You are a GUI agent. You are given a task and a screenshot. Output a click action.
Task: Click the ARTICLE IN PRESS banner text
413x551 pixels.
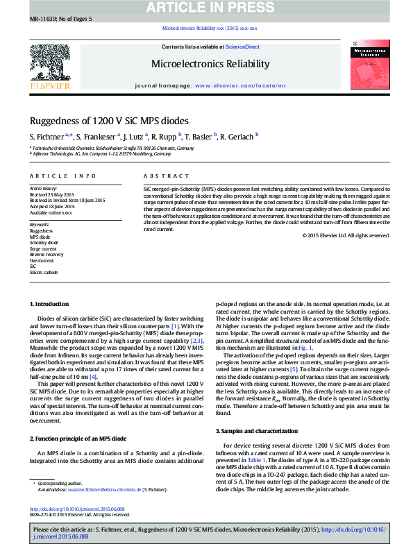click(x=206, y=8)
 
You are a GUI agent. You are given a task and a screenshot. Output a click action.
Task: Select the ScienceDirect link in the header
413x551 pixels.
click(x=243, y=46)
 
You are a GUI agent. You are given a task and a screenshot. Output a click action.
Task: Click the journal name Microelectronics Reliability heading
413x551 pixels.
click(x=210, y=64)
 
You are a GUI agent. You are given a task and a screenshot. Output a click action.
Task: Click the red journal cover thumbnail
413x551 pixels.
click(x=369, y=62)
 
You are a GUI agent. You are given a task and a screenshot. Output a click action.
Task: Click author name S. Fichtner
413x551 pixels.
click(x=47, y=137)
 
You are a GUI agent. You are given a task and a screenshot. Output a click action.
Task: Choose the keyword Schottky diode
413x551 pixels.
click(x=44, y=242)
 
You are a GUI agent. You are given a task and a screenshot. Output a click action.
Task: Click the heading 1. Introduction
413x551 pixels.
click(x=49, y=304)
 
